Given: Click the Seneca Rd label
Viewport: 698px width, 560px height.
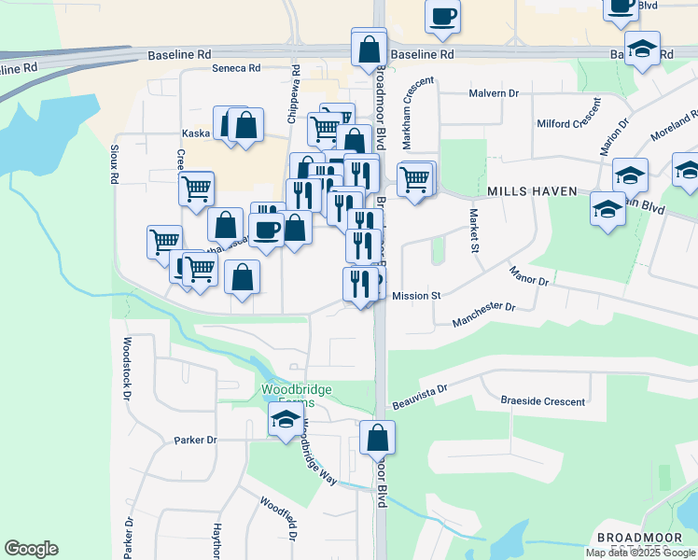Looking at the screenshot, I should point(235,68).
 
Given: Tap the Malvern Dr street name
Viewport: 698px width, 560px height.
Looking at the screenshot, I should point(494,93).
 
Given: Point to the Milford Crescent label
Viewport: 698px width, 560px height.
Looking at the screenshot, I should point(567,124).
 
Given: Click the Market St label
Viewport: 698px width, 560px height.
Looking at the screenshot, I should point(473,233).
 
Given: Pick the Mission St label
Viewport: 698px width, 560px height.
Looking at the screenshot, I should point(416,296).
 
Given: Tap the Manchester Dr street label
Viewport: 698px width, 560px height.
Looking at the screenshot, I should point(483,315).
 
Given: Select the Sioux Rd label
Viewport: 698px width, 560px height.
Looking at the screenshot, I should point(113,163).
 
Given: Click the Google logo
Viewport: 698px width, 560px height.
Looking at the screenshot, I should point(31,549).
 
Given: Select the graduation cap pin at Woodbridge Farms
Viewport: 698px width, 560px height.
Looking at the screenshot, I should point(286,422).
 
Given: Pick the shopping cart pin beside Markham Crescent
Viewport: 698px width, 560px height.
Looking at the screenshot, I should point(414,178).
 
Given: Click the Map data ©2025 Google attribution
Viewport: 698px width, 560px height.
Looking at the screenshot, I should point(640,553).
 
